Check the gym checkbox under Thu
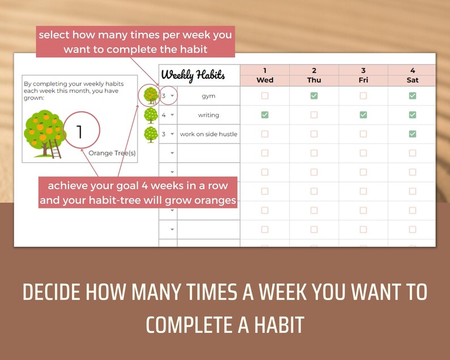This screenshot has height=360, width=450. (314, 96)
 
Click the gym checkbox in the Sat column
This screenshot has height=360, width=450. (413, 96)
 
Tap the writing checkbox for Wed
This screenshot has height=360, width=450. (265, 115)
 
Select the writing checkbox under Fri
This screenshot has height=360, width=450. (363, 115)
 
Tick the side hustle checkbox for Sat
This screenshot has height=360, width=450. (413, 134)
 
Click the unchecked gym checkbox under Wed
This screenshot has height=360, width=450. (265, 96)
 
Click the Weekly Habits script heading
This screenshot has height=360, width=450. (193, 75)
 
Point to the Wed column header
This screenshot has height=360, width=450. (265, 80)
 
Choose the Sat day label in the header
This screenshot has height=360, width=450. (413, 80)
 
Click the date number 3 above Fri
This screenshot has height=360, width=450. (363, 70)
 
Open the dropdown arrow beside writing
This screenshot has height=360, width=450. (172, 115)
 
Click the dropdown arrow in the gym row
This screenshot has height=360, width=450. (172, 96)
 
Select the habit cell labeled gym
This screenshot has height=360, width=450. (209, 96)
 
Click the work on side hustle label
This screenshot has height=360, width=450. (209, 134)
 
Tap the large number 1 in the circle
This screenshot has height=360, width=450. (79, 132)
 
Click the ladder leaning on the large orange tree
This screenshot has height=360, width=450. (55, 149)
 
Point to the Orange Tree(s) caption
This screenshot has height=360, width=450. (112, 153)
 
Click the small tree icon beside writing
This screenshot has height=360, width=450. (151, 116)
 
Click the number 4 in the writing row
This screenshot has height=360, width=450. (164, 115)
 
